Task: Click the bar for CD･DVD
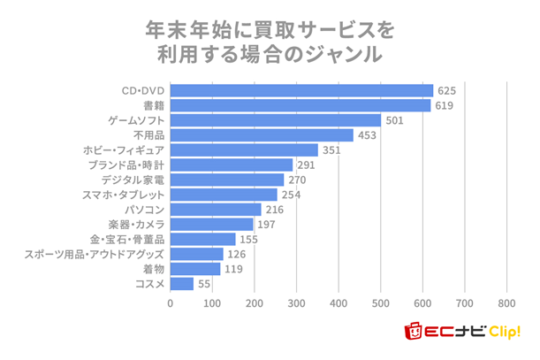301,90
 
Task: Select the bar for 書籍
300,105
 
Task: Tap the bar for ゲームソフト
275,120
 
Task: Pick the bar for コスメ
181,284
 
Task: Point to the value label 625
447,90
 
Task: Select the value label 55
204,284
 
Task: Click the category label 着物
153,269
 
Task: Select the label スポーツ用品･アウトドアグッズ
95,254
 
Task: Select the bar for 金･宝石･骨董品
202,239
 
